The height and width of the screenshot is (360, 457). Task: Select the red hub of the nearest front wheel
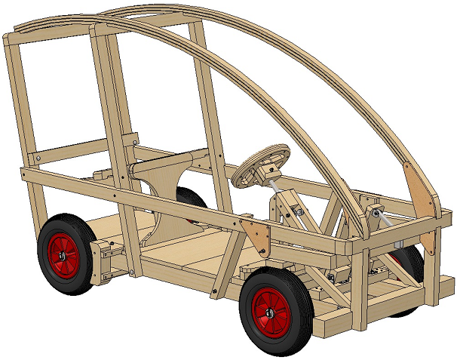(x=271, y=310)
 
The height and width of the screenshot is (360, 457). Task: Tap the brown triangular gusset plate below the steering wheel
(x=256, y=235)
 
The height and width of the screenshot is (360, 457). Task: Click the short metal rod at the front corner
(x=384, y=218)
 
